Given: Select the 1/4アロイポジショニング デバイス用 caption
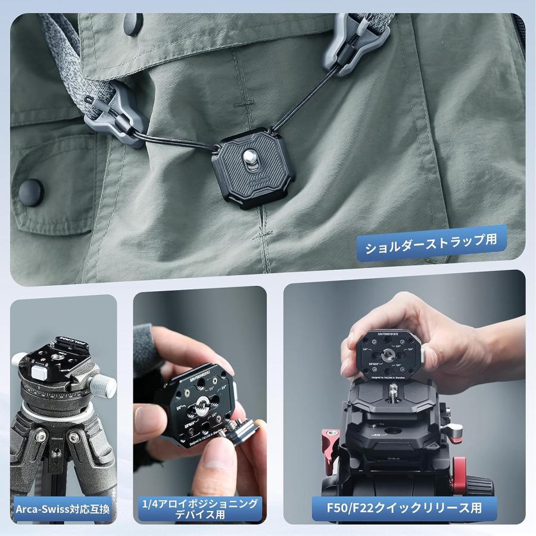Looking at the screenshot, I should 200,509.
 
